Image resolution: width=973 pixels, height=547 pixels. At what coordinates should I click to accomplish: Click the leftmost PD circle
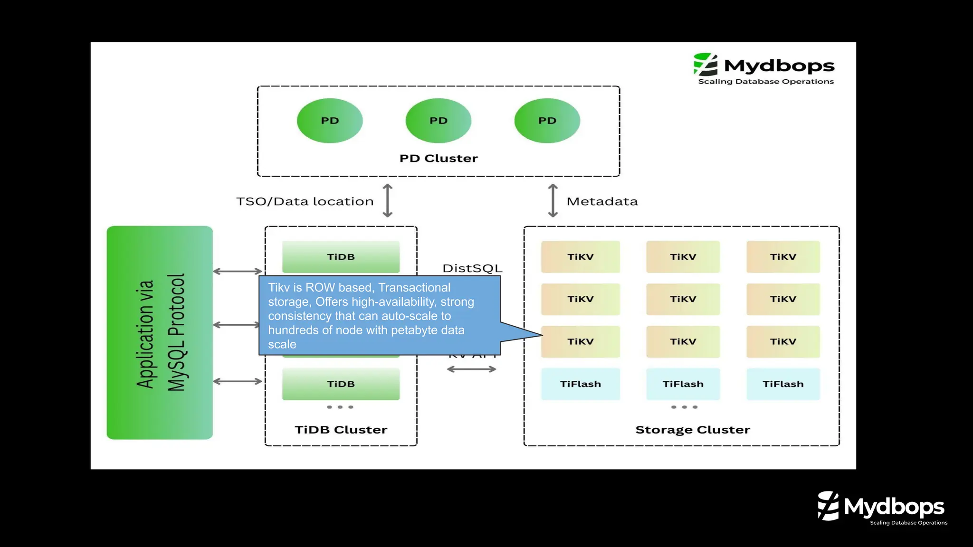[330, 121]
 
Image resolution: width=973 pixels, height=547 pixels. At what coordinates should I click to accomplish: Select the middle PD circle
[438, 121]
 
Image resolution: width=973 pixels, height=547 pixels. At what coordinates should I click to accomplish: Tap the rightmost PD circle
[547, 121]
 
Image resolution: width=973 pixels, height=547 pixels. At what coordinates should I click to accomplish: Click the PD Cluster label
[438, 159]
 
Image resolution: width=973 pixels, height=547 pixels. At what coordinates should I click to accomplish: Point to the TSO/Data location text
[305, 201]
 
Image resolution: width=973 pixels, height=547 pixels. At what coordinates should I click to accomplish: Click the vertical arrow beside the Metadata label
[553, 201]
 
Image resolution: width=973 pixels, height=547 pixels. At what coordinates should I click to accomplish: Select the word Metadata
[602, 201]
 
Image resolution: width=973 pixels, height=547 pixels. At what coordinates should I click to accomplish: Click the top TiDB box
[341, 256]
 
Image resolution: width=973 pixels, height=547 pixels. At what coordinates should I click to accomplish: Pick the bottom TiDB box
[341, 384]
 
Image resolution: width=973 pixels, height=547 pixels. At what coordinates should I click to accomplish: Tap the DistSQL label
[472, 268]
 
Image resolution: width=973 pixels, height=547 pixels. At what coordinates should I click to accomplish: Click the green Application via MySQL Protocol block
[160, 332]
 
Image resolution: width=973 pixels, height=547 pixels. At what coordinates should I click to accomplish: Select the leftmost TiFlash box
[580, 384]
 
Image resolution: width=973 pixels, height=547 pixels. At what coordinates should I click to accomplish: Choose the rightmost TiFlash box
[783, 384]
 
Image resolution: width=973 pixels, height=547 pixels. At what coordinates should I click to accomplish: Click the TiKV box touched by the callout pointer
[580, 341]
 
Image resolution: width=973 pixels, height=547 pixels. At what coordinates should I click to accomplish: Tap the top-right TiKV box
[783, 256]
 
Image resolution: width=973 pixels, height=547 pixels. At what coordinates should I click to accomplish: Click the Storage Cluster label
[692, 430]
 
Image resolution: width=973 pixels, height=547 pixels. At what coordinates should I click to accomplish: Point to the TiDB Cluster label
[341, 430]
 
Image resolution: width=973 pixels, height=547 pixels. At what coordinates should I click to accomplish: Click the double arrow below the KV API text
[471, 369]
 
